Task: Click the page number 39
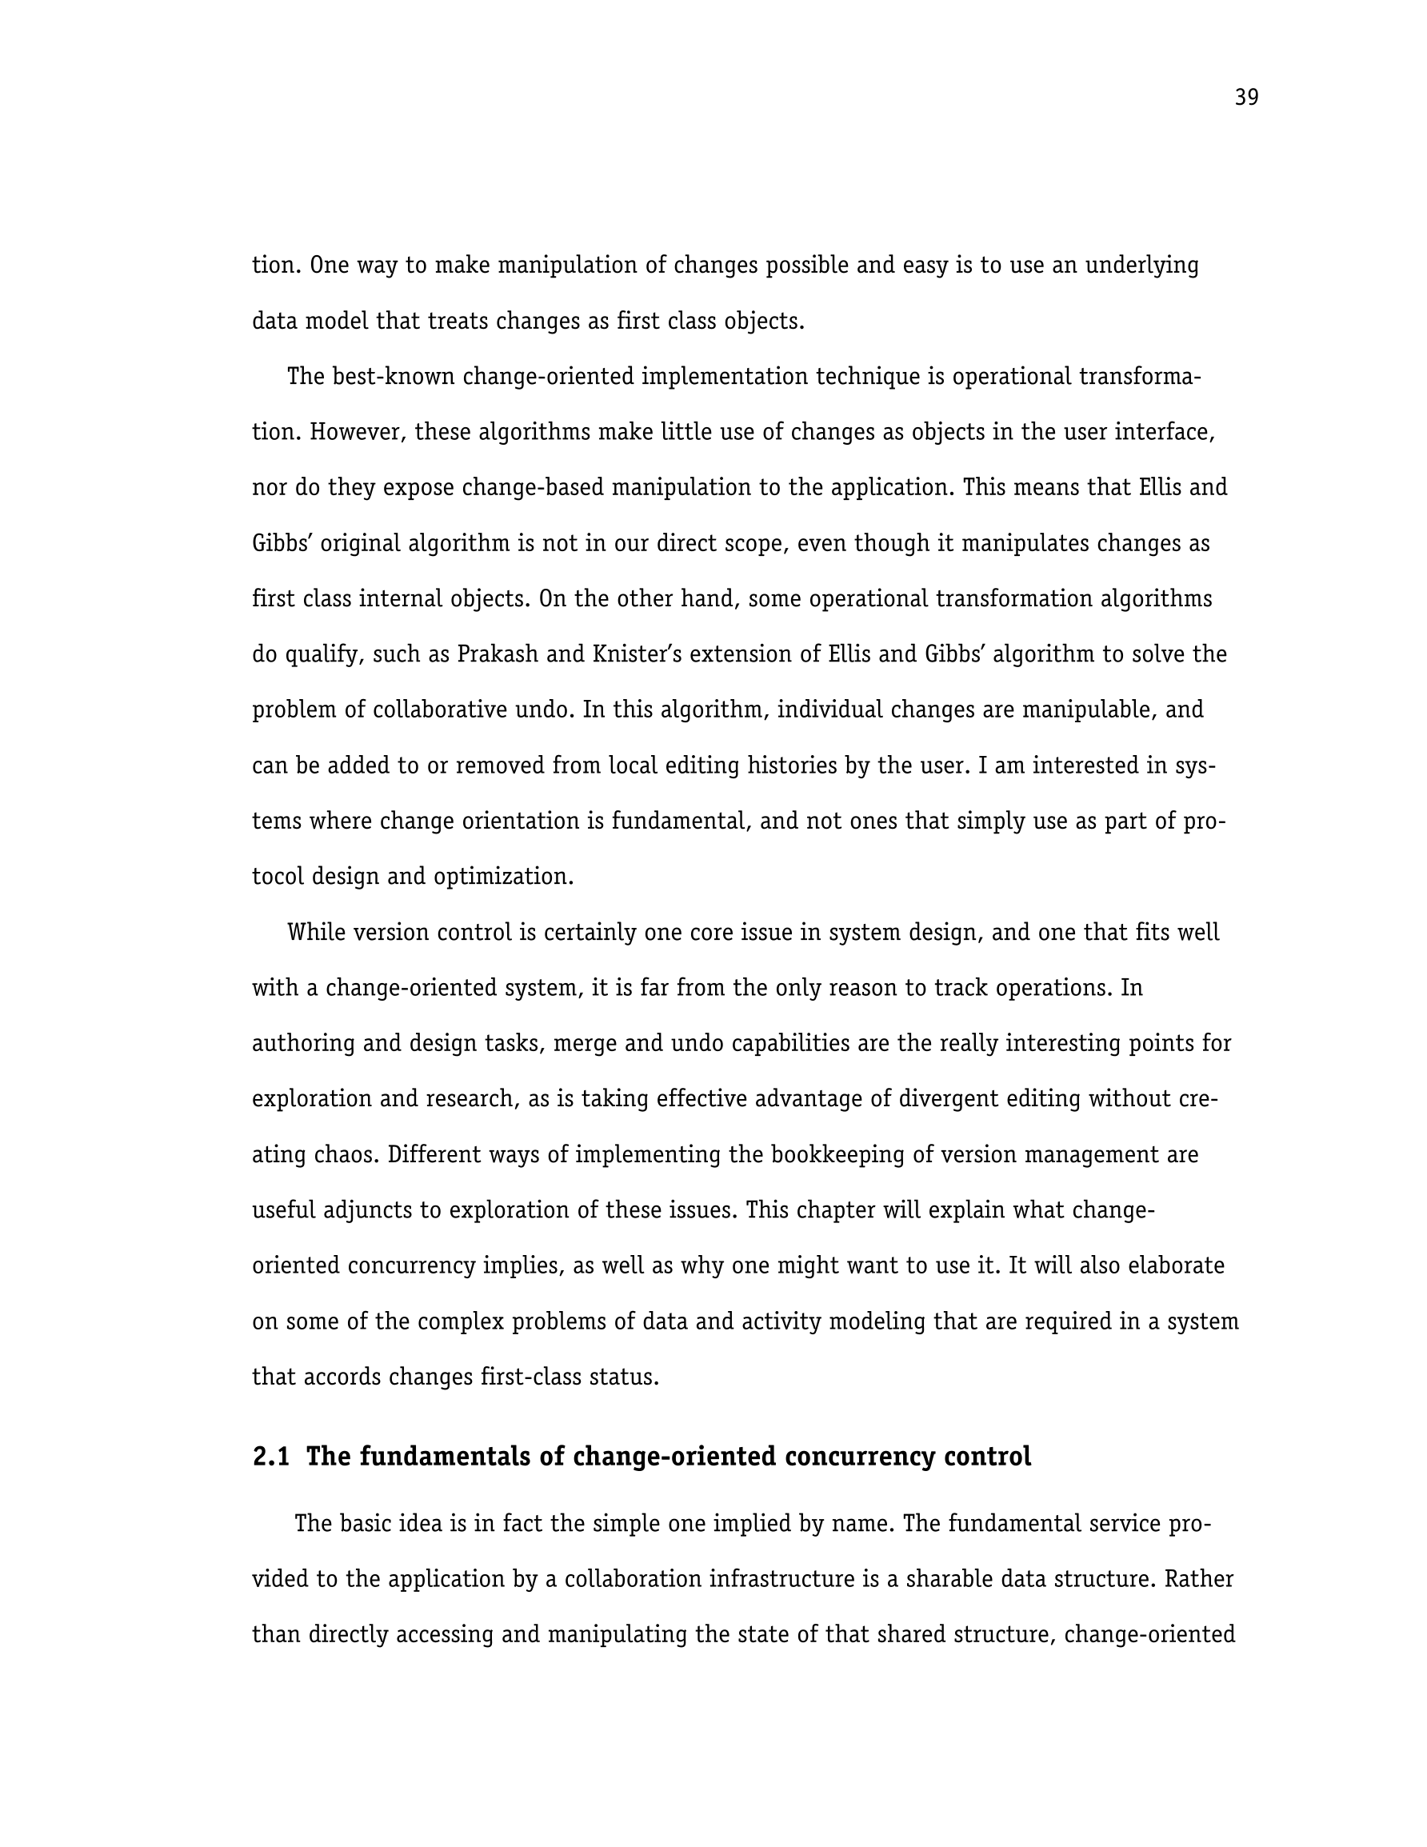click(x=1246, y=98)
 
